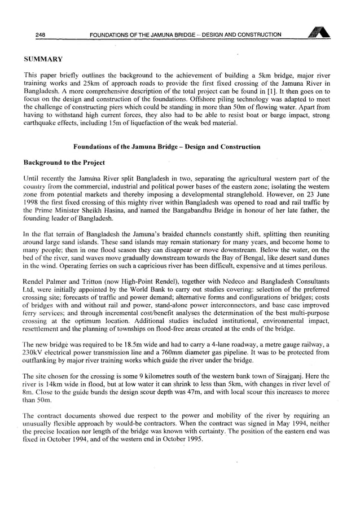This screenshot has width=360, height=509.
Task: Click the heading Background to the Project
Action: pos(64,163)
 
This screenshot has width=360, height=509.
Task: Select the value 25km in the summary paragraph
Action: pos(91,85)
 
